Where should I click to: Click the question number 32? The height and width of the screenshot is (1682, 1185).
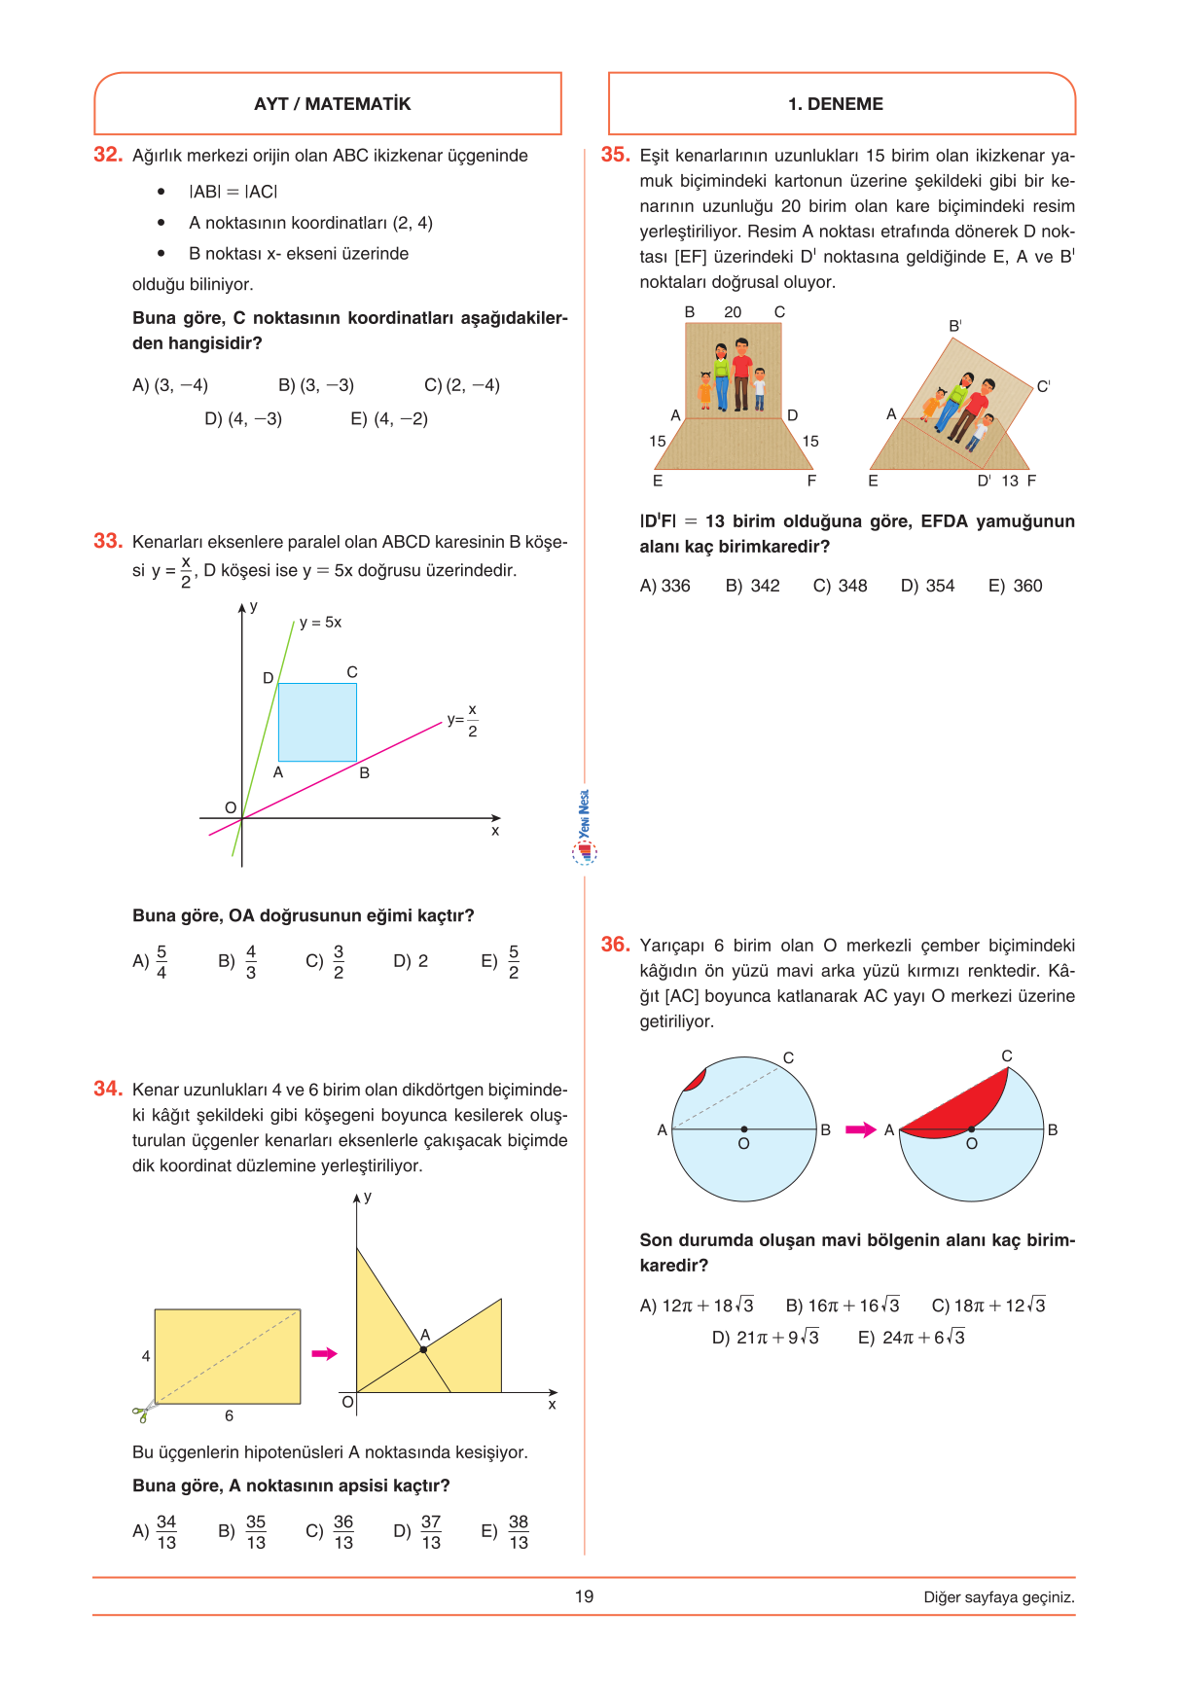[107, 155]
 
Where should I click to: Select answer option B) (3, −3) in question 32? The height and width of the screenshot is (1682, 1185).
[316, 385]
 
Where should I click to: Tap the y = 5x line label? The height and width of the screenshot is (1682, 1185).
[320, 623]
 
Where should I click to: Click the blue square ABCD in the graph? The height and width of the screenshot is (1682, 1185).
[317, 722]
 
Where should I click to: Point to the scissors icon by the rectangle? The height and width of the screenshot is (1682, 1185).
[144, 1412]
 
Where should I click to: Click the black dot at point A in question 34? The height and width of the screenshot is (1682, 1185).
[424, 1349]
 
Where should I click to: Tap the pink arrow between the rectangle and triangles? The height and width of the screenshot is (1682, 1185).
[324, 1353]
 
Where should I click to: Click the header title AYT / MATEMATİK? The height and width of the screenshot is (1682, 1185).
[332, 104]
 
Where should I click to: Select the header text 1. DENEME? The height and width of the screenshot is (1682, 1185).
[836, 104]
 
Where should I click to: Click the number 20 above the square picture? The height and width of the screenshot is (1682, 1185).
[733, 312]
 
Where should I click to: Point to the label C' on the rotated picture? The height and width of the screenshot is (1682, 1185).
[1043, 387]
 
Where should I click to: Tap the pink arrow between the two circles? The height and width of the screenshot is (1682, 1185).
[860, 1129]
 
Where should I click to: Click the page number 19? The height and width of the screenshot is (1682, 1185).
[584, 1596]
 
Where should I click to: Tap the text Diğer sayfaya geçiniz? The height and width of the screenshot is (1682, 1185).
[999, 1597]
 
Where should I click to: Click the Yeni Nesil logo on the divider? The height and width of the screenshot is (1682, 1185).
[584, 827]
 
